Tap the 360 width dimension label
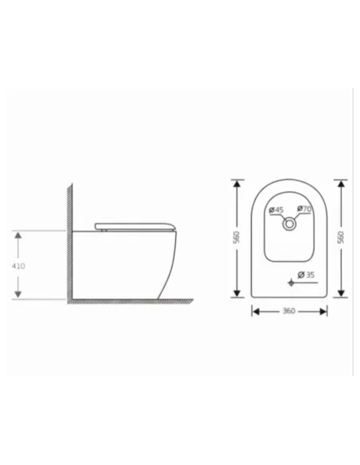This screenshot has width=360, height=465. pyautogui.click(x=289, y=311)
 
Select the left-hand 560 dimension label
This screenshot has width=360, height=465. pyautogui.click(x=236, y=237)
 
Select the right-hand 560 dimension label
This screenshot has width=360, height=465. pyautogui.click(x=341, y=237)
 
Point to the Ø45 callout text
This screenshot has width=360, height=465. pyautogui.click(x=276, y=209)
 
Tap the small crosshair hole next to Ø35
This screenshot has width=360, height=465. pyautogui.click(x=292, y=283)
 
